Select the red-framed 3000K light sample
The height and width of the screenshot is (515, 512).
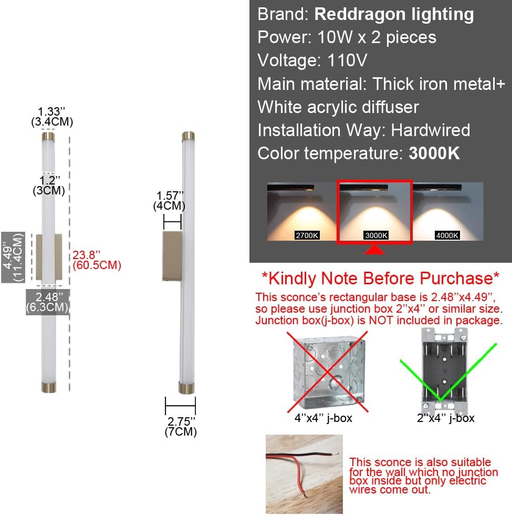pyautogui.click(x=374, y=212)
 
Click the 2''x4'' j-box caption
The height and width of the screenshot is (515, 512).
pyautogui.click(x=445, y=418)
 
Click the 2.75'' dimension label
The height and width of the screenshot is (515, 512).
pyautogui.click(x=181, y=426)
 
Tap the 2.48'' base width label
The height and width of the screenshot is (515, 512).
pyautogui.click(x=48, y=303)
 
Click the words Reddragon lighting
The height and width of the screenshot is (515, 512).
pyautogui.click(x=394, y=15)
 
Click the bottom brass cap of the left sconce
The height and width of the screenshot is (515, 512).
pyautogui.click(x=49, y=387)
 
